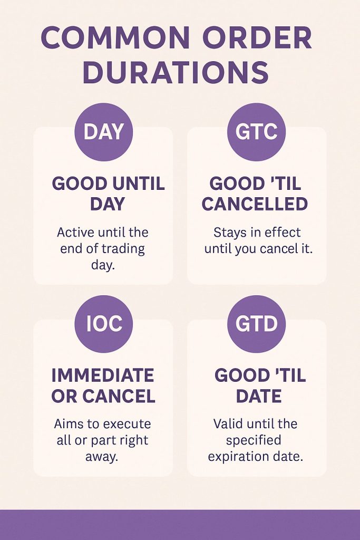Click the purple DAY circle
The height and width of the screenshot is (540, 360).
point(103,132)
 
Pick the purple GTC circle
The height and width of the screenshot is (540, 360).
point(256,132)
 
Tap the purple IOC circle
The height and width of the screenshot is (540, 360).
point(103,324)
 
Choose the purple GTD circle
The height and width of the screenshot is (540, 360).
point(256,324)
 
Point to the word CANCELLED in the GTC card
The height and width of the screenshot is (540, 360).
point(255,204)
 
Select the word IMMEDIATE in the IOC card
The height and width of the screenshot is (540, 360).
point(103,375)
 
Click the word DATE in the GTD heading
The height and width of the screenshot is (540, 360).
point(260,396)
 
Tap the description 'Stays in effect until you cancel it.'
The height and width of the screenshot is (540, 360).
point(258,240)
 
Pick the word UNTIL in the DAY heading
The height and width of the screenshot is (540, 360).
point(138,184)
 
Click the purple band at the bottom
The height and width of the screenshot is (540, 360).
point(180,525)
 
